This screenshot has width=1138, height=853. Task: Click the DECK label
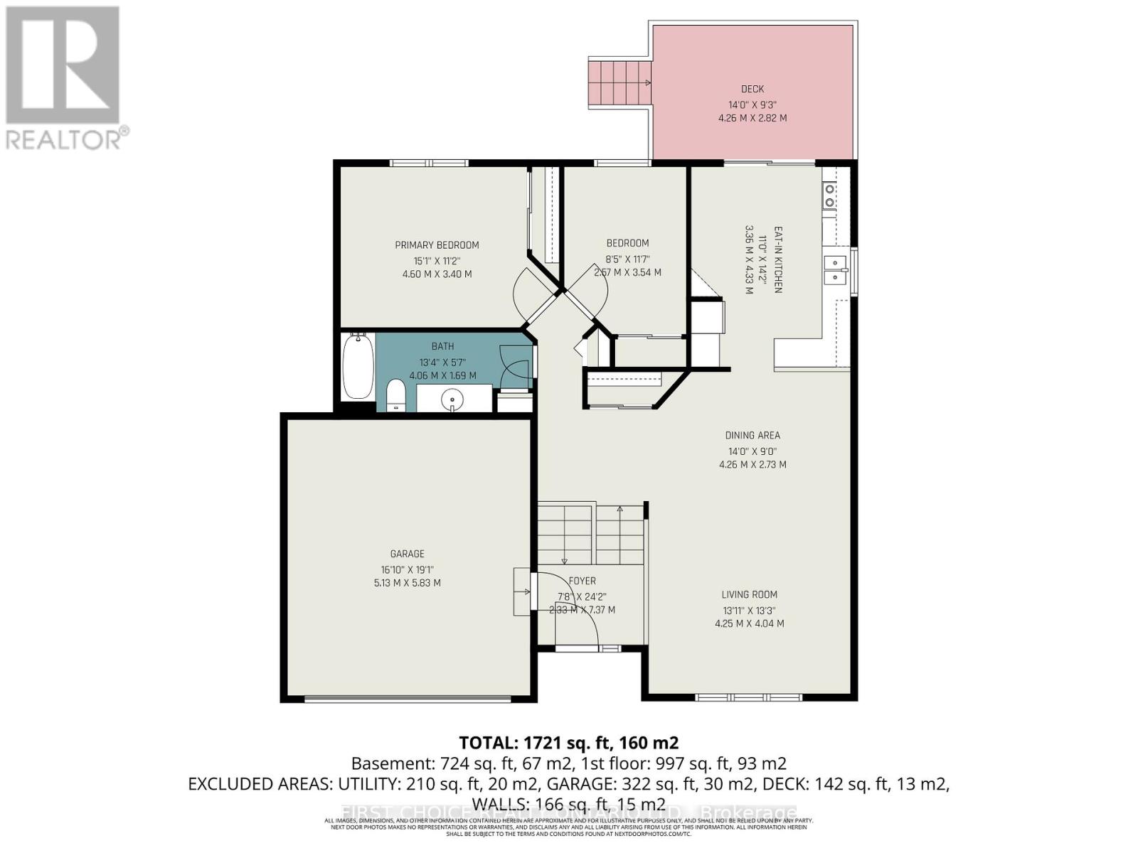[x=752, y=89]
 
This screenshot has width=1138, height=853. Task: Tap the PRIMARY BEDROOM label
[x=437, y=245]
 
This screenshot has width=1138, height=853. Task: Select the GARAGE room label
[x=407, y=554]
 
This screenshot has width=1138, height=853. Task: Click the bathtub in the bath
[x=358, y=368]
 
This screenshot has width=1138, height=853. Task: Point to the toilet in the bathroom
[x=395, y=395]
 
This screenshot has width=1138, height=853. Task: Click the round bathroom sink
[x=452, y=400]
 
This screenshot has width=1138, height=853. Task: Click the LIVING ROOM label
[x=749, y=595]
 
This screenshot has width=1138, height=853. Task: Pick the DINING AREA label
[x=753, y=436]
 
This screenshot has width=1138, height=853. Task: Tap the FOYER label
[x=583, y=581]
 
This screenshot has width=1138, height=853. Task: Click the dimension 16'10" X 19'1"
[x=407, y=569]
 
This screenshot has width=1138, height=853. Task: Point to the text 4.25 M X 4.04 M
[x=749, y=623]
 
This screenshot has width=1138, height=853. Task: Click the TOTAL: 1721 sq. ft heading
[x=568, y=743]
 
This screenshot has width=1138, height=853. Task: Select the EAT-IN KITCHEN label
[x=777, y=259]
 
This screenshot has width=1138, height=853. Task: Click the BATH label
[x=442, y=346]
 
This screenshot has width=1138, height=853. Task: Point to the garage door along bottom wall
[x=408, y=699]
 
